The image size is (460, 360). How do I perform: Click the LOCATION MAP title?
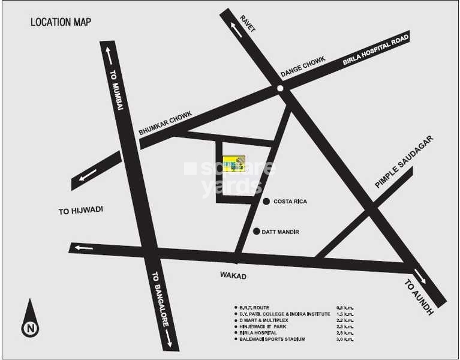point(61,23)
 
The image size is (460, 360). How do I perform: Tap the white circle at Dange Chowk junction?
point(281,89)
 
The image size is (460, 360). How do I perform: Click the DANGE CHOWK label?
point(303,67)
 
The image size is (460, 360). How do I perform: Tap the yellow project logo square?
point(234,164)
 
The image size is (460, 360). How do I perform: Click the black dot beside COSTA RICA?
point(266,202)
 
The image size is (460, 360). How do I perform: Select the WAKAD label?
point(234,276)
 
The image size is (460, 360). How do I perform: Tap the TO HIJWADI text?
point(81,210)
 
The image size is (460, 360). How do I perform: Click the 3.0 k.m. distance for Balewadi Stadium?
point(345,340)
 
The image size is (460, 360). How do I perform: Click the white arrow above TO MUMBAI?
point(109,56)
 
